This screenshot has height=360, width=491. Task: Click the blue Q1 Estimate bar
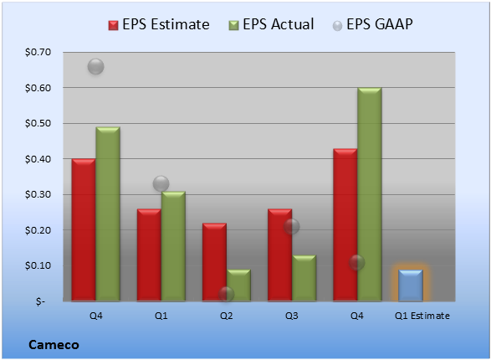(411, 285)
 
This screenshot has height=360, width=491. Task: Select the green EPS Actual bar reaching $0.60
(370, 194)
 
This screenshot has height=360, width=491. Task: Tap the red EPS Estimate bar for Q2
(214, 262)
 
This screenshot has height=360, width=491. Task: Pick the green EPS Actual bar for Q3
(304, 278)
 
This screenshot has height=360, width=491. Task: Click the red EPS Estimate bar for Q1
(149, 255)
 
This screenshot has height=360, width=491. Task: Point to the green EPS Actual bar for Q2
(238, 285)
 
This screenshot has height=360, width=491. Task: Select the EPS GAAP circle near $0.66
(96, 66)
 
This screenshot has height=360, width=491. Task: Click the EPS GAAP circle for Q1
(161, 183)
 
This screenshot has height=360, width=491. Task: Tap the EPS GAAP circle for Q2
(227, 294)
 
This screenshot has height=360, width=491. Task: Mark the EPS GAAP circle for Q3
(292, 226)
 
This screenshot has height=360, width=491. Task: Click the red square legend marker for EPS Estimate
(114, 25)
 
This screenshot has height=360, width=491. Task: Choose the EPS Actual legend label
(278, 24)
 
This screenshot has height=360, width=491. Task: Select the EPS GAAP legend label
(380, 24)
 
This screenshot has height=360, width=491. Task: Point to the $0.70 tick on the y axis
(38, 52)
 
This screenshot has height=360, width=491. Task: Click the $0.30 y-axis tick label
(38, 194)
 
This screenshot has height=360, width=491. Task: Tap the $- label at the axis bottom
(40, 301)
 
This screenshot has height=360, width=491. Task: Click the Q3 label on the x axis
(292, 316)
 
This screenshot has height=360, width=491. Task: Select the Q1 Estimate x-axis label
(422, 316)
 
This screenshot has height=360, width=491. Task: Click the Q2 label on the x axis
(227, 316)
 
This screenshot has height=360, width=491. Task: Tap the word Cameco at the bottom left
(54, 345)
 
